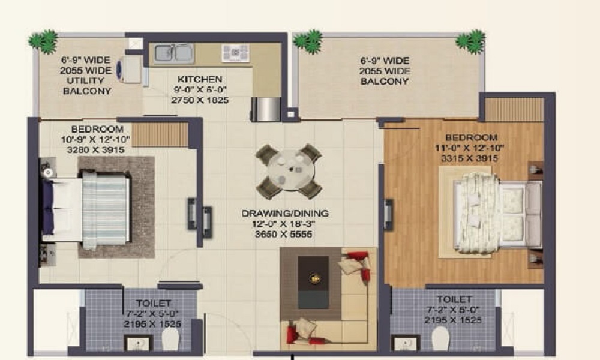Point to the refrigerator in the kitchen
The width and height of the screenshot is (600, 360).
point(266,109)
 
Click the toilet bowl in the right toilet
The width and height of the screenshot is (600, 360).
point(440,340)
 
